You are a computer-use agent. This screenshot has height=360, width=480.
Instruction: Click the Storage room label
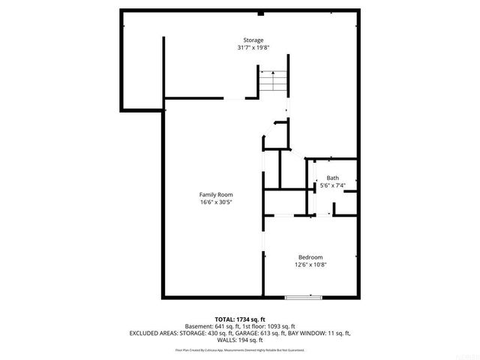pyautogui.click(x=253, y=40)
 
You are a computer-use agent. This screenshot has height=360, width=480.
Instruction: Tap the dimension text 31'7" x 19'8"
pyautogui.click(x=253, y=48)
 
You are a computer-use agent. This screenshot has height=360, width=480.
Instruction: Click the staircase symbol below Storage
pyautogui.click(x=273, y=82)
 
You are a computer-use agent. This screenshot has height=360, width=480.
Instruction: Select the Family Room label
pyautogui.click(x=215, y=194)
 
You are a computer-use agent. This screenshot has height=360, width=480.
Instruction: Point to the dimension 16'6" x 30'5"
pyautogui.click(x=215, y=202)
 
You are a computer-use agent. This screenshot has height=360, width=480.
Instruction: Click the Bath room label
pyautogui.click(x=332, y=178)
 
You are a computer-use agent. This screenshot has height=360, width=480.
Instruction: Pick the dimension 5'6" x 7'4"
pyautogui.click(x=332, y=185)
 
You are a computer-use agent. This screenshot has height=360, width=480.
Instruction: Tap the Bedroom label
pyautogui.click(x=310, y=256)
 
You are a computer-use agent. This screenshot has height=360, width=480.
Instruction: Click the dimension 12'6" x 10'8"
pyautogui.click(x=310, y=264)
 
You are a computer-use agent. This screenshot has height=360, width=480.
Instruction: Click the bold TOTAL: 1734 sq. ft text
pyautogui.click(x=240, y=319)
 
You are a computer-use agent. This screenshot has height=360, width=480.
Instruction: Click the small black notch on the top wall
pyautogui.click(x=260, y=13)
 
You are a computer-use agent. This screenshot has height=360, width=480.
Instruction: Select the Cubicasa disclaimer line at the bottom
pyautogui.click(x=240, y=349)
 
